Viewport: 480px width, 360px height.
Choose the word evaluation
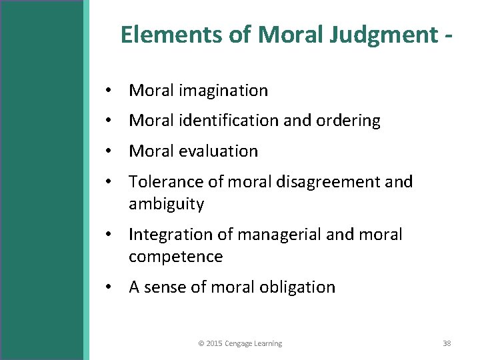(216, 151)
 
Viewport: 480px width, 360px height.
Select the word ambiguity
(166, 204)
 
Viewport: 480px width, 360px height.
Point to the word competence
(175, 257)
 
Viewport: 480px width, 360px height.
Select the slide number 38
(447, 343)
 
